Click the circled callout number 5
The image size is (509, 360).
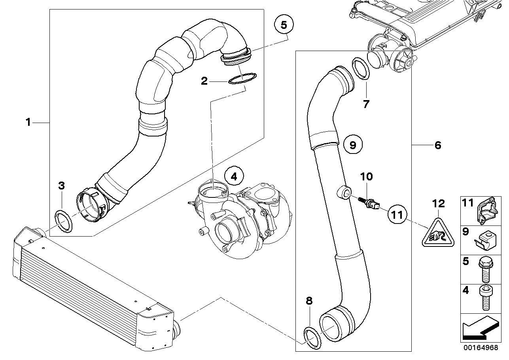point(284,25)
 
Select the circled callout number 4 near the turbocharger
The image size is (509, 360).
point(234,177)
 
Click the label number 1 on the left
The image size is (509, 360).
point(28,123)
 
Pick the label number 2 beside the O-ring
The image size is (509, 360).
point(204,81)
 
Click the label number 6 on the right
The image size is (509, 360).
point(437,146)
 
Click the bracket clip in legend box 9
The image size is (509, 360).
point(484,240)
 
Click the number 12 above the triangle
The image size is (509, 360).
point(439,204)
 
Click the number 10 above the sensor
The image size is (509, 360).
point(366,176)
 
